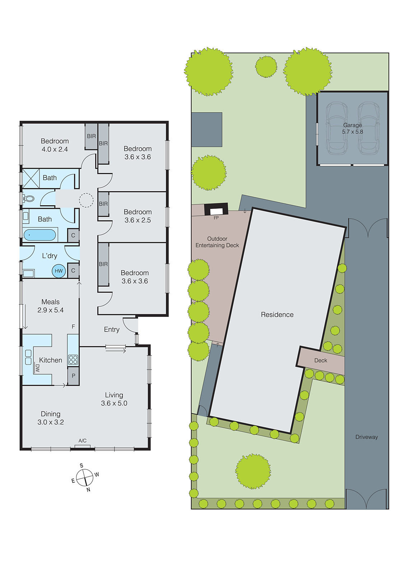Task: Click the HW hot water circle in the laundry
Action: coord(59,271)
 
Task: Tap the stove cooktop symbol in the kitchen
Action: coord(73,359)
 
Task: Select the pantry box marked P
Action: coord(73,376)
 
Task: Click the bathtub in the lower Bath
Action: coord(39,235)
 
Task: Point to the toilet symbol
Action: coord(28,198)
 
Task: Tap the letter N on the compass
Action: coord(88,489)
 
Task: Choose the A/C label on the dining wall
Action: coord(83,441)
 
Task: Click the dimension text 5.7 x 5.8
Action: coord(353,132)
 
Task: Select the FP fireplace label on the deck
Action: coord(216,218)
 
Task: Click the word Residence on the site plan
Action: coord(277,315)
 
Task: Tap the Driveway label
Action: coord(367,437)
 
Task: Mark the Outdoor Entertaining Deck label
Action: coord(217,242)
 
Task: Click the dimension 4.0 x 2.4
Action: coord(55,149)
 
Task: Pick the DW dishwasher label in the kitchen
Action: coord(37,368)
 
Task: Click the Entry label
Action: coord(112,329)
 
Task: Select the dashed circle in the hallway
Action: coord(86,200)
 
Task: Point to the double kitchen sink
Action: coord(28,357)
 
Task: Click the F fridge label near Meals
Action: coord(73,326)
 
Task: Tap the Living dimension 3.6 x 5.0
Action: coord(114,403)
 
